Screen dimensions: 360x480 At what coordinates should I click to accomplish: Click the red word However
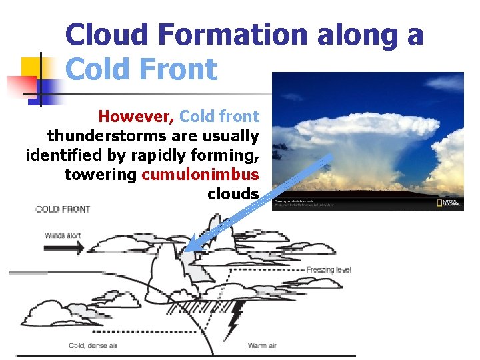click(136, 117)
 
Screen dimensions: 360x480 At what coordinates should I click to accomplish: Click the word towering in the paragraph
click(100, 175)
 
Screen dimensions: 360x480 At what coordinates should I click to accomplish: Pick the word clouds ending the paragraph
click(233, 194)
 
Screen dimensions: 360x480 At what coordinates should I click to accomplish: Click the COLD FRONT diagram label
click(63, 209)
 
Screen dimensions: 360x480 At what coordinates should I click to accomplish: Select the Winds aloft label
click(64, 235)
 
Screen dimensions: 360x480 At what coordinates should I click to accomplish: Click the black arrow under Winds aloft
click(64, 248)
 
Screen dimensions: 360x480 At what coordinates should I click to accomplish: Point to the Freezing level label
click(328, 270)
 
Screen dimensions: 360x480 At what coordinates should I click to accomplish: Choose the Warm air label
click(262, 345)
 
